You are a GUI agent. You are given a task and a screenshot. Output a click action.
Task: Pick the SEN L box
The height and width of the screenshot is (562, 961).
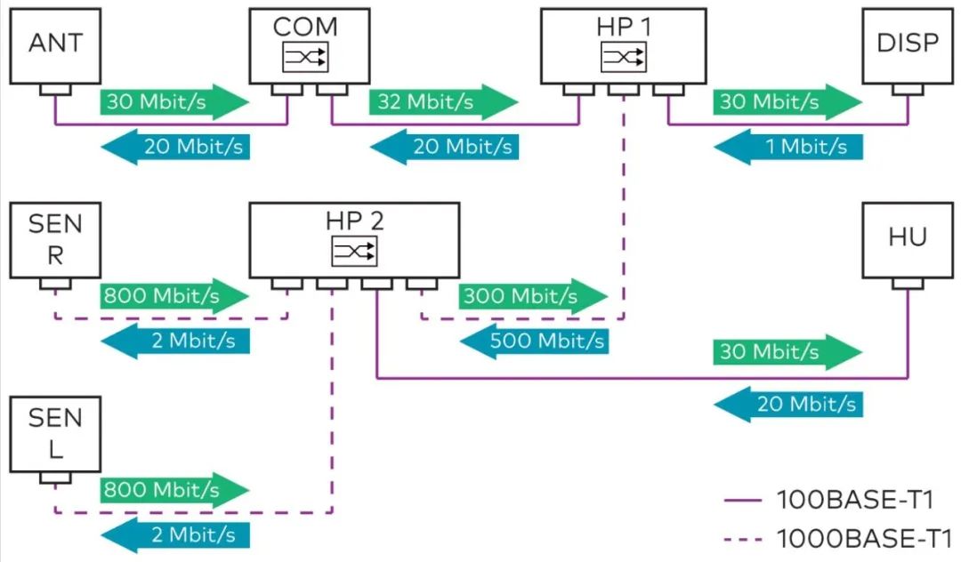[55, 435]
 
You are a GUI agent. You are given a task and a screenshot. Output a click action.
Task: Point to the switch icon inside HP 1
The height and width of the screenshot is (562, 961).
[623, 59]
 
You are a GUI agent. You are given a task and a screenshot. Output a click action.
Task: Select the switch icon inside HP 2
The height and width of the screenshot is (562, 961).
[354, 253]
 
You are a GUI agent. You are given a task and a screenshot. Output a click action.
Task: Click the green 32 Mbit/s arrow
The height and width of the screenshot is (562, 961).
[442, 101]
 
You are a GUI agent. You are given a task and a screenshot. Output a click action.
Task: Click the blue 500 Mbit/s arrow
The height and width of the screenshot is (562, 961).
[533, 340]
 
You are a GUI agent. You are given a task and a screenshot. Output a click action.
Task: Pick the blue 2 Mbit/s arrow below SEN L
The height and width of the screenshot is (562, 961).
[174, 534]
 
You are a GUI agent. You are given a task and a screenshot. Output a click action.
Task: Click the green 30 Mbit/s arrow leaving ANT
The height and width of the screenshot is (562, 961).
[174, 101]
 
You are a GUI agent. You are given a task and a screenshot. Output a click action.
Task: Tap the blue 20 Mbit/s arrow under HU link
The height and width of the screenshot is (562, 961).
[787, 405]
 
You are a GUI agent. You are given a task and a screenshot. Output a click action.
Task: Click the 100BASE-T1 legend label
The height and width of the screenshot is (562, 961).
[853, 501]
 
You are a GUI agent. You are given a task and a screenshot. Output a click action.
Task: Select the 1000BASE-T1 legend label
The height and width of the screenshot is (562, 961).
[864, 538]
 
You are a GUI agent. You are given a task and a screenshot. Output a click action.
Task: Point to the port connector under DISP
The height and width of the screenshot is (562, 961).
[907, 90]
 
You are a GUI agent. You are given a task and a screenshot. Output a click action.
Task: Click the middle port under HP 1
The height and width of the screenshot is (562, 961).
[623, 90]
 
